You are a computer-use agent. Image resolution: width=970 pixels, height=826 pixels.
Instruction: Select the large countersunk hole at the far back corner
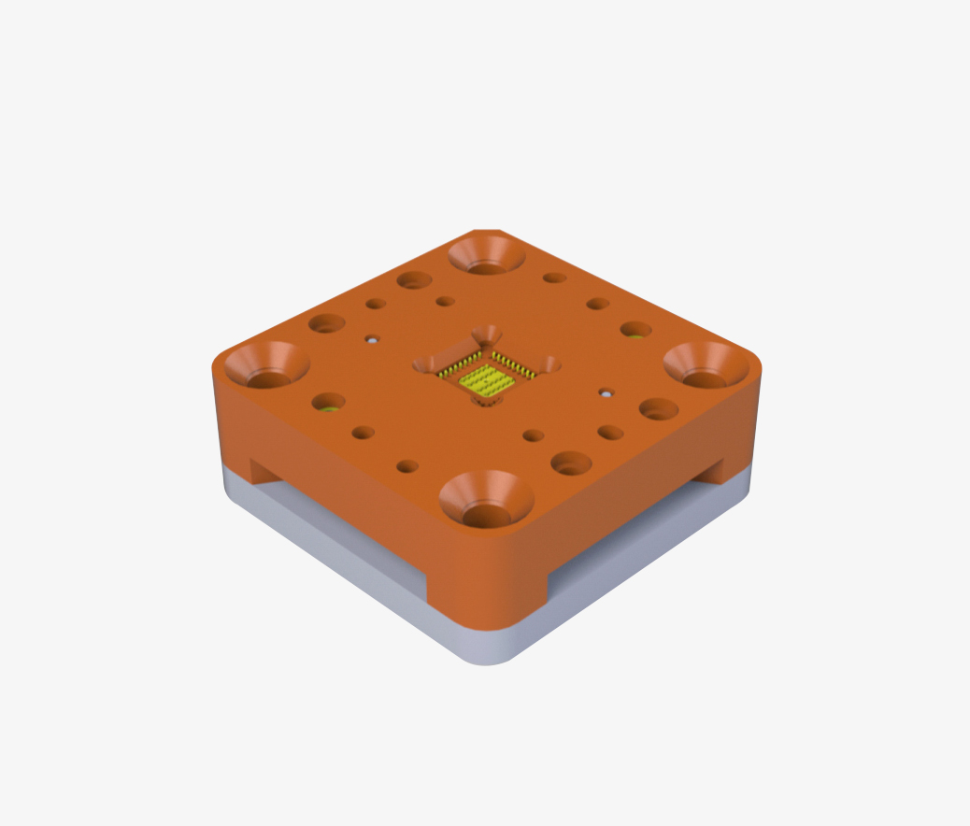click(x=485, y=256)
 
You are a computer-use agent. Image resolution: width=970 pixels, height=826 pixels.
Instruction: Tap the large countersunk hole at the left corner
click(x=267, y=366)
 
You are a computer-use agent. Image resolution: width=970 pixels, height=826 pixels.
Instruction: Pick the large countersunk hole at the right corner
click(x=706, y=365)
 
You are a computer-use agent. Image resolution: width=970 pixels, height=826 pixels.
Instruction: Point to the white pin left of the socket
click(x=373, y=340)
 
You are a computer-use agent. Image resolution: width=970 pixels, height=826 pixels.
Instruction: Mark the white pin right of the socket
click(x=606, y=393)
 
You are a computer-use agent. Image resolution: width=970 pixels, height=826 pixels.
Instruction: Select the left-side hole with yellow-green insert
click(x=328, y=405)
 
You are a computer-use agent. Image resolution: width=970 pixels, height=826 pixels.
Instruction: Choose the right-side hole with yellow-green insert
click(x=635, y=331)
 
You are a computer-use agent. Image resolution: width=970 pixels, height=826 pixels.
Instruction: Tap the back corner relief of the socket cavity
click(x=486, y=334)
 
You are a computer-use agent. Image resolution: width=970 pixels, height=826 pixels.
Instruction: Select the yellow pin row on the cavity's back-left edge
click(x=459, y=364)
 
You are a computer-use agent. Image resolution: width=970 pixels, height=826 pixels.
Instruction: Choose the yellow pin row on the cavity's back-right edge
click(x=514, y=364)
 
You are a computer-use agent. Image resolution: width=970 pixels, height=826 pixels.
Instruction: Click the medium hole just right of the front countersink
click(x=570, y=463)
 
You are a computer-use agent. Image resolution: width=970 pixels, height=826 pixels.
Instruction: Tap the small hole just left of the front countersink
click(x=407, y=465)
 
